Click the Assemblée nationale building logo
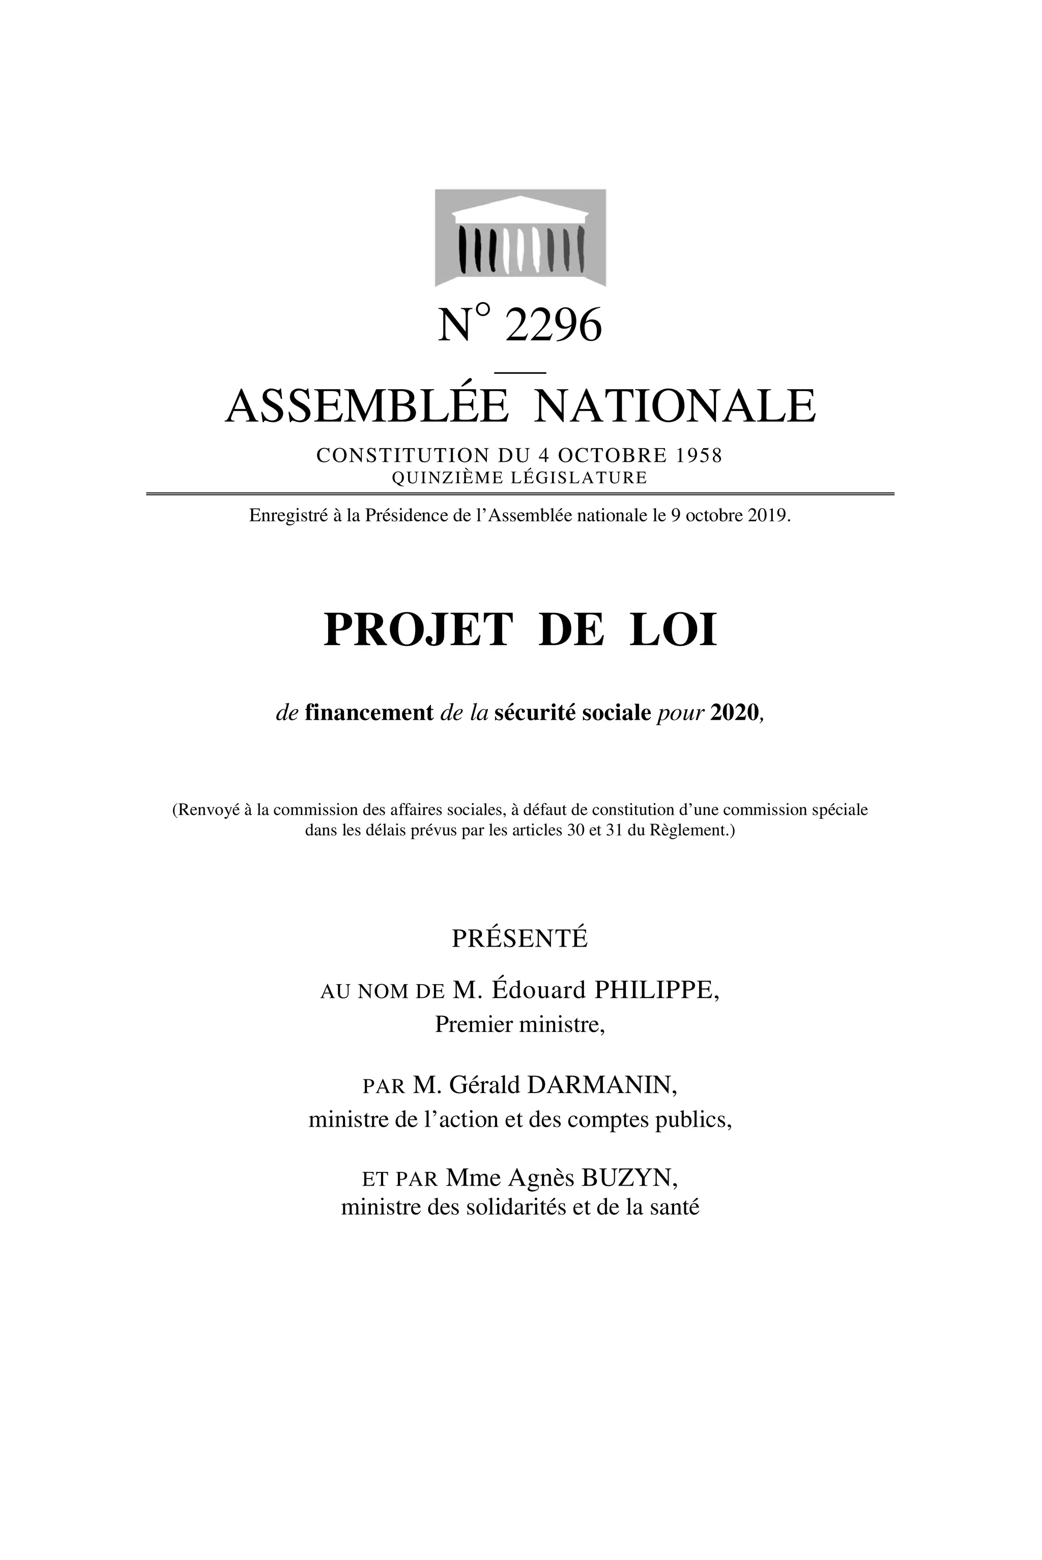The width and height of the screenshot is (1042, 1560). [520, 238]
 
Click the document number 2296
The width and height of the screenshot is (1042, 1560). [553, 326]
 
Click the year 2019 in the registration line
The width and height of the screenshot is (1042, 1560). [768, 516]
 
